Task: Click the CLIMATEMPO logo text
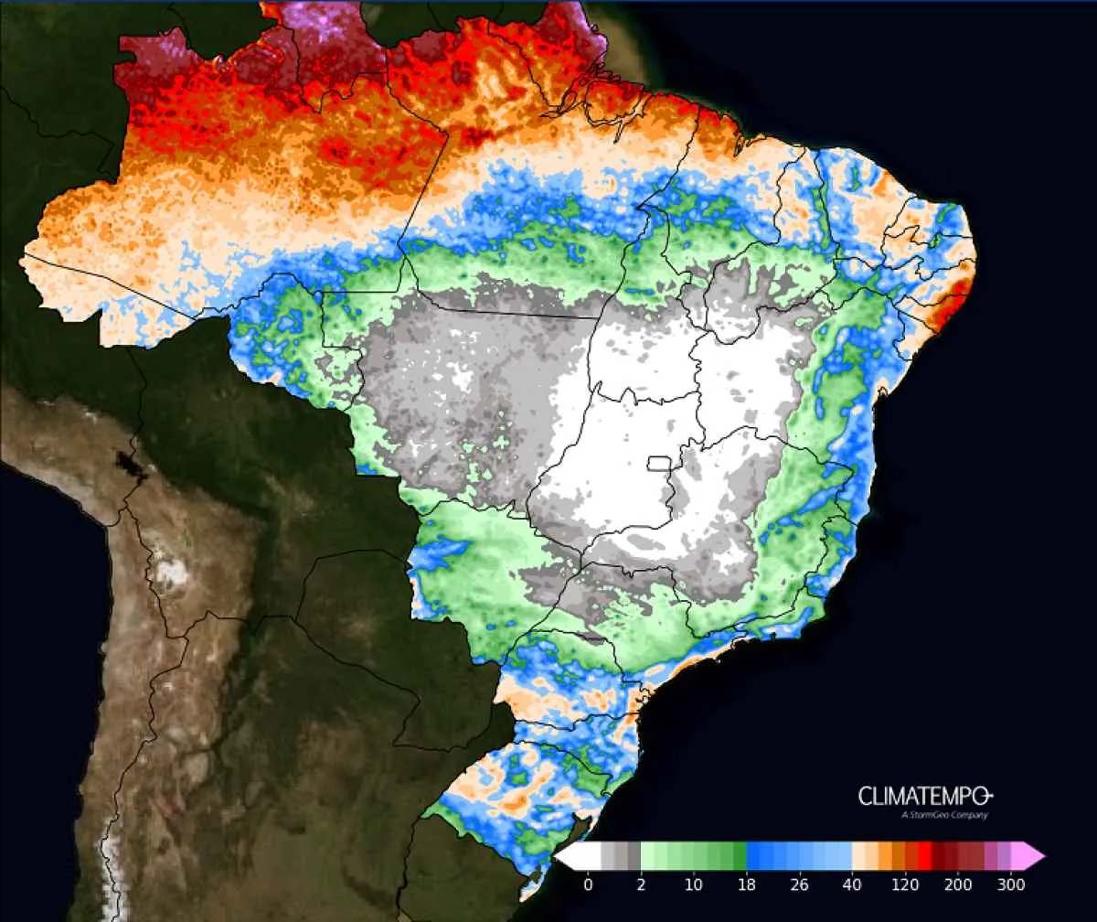924,796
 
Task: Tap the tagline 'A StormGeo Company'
944,815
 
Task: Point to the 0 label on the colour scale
588,884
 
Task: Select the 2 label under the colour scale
641,884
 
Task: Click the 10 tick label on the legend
694,884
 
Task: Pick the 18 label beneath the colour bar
747,884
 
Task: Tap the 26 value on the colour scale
800,884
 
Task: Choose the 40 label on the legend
853,884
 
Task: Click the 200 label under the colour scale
958,884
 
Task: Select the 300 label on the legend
1011,884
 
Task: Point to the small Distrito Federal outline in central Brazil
659,463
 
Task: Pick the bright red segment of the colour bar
924,856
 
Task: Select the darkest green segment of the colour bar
740,856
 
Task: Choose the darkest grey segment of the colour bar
634,856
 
